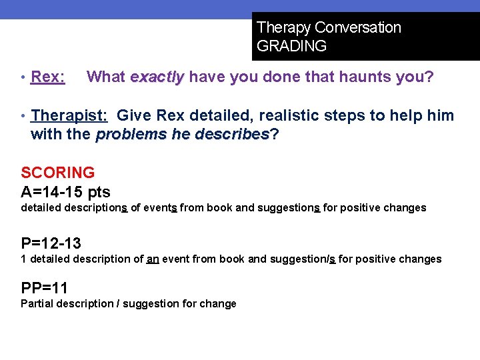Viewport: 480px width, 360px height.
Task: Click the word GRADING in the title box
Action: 291,46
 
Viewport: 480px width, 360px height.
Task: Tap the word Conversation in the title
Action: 358,28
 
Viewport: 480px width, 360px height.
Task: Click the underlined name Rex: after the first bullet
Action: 48,77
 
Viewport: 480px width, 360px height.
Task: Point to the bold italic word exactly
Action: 157,77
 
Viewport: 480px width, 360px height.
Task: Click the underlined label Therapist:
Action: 69,116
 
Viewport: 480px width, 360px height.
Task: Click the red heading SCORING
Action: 57,173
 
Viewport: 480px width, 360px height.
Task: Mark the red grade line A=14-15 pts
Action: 65,193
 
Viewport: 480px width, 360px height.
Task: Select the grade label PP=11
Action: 44,289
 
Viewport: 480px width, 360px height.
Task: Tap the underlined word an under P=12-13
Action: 152,259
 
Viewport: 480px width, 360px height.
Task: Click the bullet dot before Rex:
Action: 24,77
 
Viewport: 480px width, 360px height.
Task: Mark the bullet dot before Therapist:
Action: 24,116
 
